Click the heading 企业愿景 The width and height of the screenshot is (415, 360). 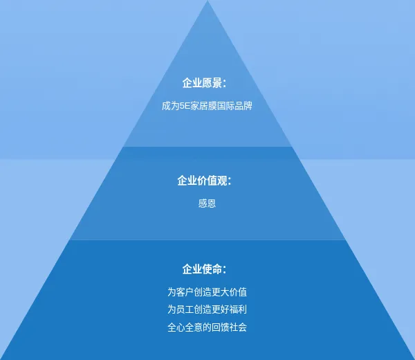[x=202, y=83]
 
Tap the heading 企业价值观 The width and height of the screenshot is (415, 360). [x=202, y=181]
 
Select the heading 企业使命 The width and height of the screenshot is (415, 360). [x=202, y=269]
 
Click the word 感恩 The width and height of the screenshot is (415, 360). [x=207, y=204]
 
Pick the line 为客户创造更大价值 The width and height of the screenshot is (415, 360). [x=207, y=292]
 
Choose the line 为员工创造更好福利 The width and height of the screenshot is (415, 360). [x=207, y=309]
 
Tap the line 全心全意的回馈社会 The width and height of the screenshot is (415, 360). [x=207, y=327]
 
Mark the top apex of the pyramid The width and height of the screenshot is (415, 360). [x=207, y=1]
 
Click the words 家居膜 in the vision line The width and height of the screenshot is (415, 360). [x=203, y=106]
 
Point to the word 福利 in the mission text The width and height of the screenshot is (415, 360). [x=238, y=309]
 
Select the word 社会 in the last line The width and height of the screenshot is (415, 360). [x=238, y=327]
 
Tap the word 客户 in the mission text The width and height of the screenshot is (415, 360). [x=185, y=292]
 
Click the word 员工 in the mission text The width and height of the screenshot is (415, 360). [x=185, y=309]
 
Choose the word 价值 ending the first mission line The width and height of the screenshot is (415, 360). [x=238, y=292]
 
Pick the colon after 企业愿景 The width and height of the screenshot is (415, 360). [x=225, y=84]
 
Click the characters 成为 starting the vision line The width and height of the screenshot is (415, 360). [x=171, y=106]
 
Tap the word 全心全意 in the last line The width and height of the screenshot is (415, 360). [x=185, y=327]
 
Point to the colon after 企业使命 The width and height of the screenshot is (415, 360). [x=225, y=270]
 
